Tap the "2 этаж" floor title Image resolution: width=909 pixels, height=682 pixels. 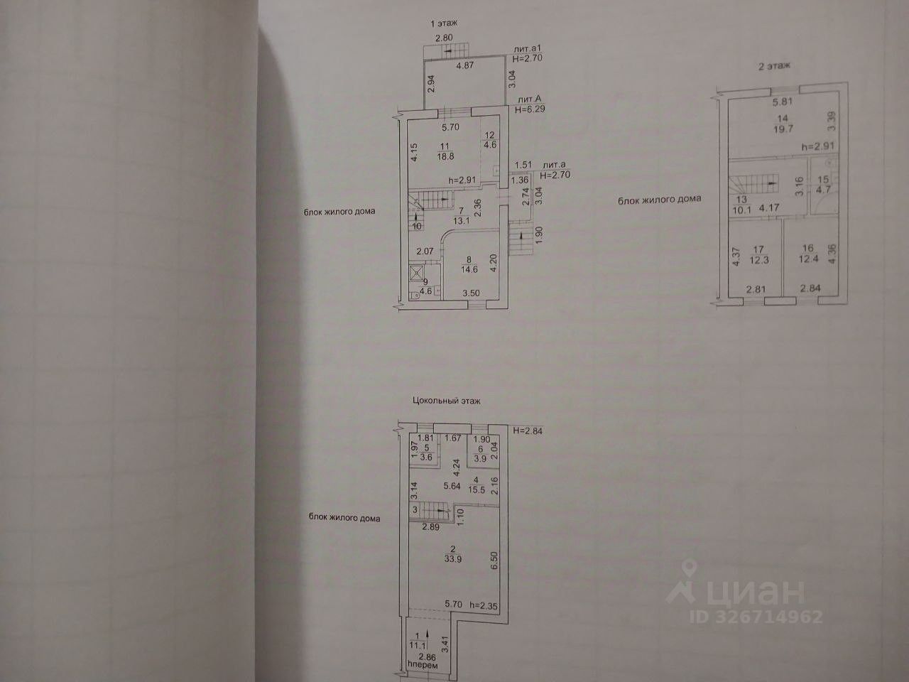pyautogui.click(x=775, y=65)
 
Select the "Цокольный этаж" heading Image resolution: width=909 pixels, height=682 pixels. pyautogui.click(x=447, y=401)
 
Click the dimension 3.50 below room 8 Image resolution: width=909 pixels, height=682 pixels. pyautogui.click(x=470, y=293)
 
